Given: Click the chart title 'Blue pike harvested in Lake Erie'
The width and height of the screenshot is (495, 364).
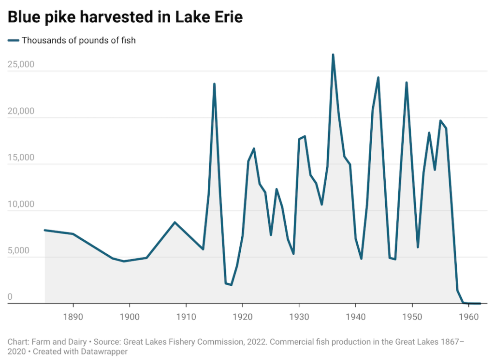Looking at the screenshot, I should point(125,17).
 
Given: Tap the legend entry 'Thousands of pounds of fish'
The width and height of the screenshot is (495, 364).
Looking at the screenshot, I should point(78,41).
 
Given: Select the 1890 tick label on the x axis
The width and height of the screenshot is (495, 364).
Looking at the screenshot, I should point(73,317).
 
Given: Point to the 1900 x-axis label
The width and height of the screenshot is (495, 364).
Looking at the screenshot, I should point(129,317).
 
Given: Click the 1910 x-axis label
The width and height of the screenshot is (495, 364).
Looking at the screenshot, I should point(186,317).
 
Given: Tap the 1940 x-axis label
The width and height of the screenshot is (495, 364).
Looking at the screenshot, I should point(355,317).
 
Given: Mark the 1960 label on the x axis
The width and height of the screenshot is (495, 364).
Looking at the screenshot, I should point(468,317).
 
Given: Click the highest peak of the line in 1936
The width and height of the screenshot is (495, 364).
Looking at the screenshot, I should point(333,55).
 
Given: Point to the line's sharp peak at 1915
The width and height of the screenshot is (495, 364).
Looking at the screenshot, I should point(214,84).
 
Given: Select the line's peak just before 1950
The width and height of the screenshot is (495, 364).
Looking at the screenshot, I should point(407,83).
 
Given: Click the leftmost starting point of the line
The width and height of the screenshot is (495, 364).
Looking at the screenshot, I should point(44,230).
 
